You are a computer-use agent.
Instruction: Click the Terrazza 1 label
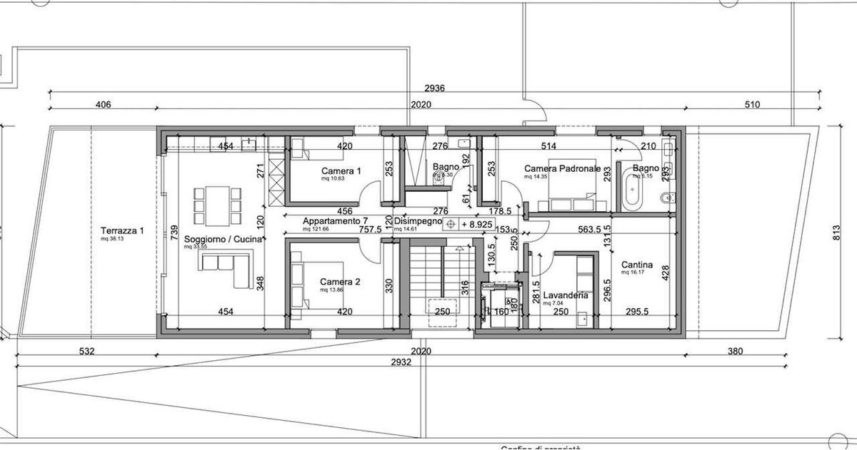[122, 230]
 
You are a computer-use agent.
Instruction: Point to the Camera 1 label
[341, 171]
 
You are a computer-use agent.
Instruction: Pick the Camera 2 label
[340, 282]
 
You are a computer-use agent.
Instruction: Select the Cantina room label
[637, 263]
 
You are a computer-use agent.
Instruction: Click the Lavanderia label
[565, 295]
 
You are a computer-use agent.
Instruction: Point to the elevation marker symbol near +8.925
[451, 225]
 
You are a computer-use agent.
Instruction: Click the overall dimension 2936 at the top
[434, 88]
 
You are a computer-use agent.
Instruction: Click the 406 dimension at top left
[103, 105]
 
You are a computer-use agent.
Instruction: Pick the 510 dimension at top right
[752, 105]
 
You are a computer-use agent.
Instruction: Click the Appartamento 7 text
[335, 221]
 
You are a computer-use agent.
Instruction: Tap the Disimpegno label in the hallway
[417, 221]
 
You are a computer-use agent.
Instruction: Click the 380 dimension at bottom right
[735, 351]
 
